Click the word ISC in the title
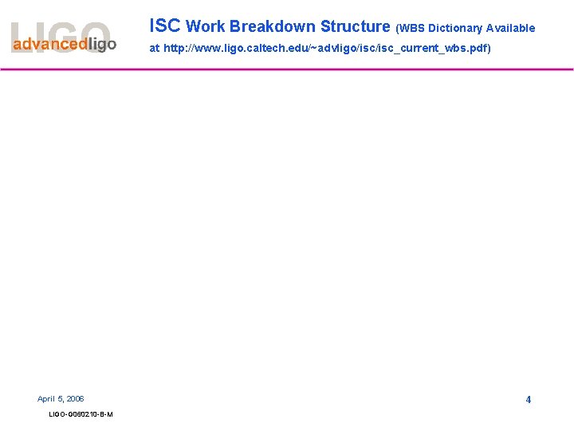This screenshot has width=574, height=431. (x=165, y=26)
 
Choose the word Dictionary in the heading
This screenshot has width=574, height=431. (x=454, y=28)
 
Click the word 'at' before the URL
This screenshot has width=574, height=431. (x=155, y=49)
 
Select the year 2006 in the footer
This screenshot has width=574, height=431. (x=75, y=398)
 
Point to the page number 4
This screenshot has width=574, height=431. (x=528, y=399)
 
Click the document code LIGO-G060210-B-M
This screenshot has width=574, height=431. (x=81, y=414)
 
